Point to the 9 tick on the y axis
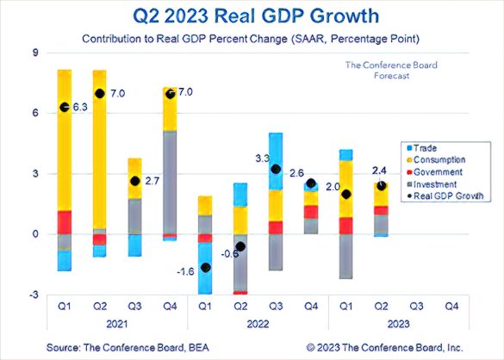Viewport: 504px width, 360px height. [34, 53]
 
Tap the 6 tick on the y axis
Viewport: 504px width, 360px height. [34, 113]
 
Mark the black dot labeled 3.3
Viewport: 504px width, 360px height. [276, 169]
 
